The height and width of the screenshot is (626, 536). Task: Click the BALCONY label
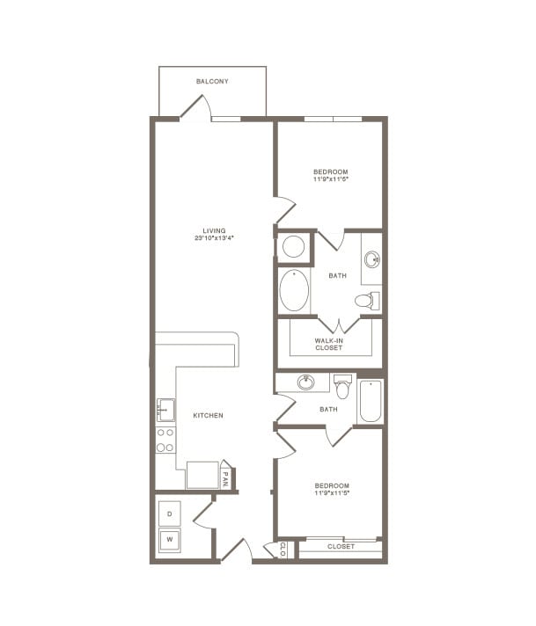tap(212, 82)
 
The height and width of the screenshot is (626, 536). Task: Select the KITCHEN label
tap(208, 415)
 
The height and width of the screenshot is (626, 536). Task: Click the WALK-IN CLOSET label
tap(329, 345)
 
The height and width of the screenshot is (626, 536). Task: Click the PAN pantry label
tap(225, 478)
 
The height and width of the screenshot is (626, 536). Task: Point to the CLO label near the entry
tap(283, 550)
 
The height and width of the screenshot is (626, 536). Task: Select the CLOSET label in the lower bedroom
tap(341, 547)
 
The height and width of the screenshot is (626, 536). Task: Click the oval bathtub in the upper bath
tap(294, 290)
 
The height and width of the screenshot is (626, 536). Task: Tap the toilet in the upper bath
tap(366, 301)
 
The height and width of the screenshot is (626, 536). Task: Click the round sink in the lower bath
tap(306, 382)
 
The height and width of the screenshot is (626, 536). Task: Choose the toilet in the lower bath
tap(342, 385)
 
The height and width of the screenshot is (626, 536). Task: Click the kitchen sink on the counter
tap(165, 410)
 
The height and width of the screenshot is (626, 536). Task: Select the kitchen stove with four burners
tap(165, 440)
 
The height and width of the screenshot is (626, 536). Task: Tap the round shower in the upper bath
tap(294, 246)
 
